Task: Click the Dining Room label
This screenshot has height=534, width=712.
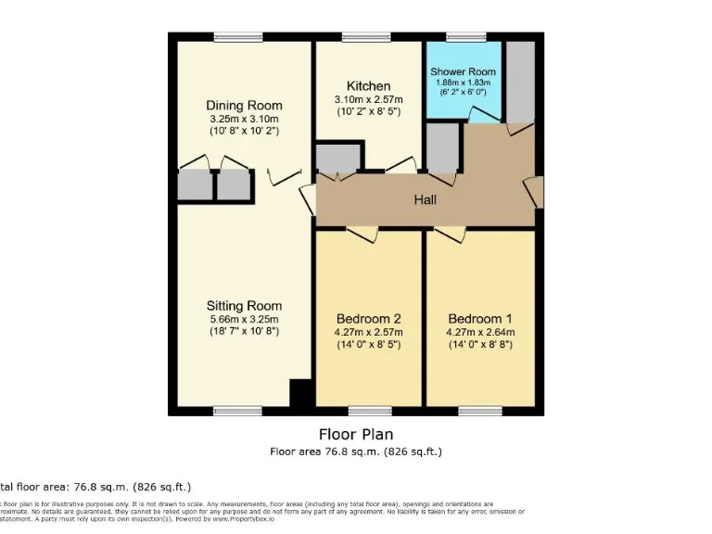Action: click(244, 106)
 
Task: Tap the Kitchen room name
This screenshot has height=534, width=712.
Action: click(368, 86)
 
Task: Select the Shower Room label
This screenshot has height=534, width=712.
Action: click(463, 71)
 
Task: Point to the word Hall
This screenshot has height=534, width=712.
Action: click(425, 199)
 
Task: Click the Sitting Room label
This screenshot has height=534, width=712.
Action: click(244, 306)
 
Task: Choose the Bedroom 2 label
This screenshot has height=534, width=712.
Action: click(368, 319)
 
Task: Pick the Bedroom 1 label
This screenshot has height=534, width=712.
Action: click(479, 319)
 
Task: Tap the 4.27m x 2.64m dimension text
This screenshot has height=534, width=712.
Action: click(479, 332)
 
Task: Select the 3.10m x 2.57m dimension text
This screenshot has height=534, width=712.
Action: click(368, 99)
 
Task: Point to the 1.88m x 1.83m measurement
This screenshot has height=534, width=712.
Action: click(463, 83)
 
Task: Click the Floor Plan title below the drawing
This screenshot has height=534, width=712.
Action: click(356, 434)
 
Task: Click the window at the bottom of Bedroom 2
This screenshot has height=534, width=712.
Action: click(369, 411)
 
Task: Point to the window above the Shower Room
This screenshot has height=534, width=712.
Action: click(460, 37)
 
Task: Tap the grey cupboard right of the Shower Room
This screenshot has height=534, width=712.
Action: click(520, 82)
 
